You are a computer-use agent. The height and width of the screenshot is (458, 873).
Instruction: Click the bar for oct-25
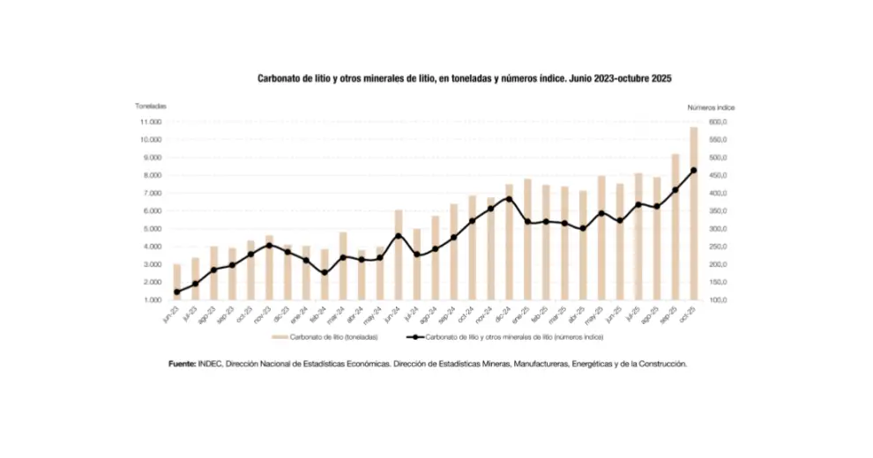coord(694,214)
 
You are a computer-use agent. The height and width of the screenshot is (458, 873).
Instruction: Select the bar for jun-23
coord(176,282)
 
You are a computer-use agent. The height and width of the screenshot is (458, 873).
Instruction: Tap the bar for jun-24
coord(399,255)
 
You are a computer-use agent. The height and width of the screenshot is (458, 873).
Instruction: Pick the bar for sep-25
coord(675,227)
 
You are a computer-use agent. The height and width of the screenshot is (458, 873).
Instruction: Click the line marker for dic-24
coord(509,198)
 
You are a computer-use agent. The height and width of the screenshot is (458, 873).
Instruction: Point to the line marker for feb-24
coord(325,273)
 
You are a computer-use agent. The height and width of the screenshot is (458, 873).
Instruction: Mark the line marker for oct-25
coord(694,171)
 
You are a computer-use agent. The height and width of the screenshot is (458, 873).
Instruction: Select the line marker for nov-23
coord(269,245)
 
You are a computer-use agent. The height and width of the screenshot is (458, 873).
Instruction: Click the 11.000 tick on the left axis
coord(150,122)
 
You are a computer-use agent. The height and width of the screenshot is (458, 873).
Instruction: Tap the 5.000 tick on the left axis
coord(150,229)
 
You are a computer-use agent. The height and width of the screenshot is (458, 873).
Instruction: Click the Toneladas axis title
coord(151,107)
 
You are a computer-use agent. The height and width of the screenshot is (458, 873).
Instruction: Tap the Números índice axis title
coord(711,107)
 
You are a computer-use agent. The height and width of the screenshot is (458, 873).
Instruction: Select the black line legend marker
coord(414,337)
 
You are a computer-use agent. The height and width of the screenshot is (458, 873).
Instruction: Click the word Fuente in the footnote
coord(183,363)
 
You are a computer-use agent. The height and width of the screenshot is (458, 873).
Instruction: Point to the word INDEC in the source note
coord(212,363)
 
